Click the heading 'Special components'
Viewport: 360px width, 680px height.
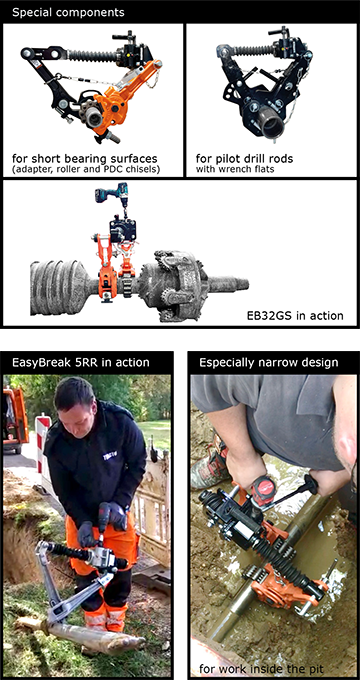tap(68, 12)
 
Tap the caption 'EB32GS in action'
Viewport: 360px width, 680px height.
tap(295, 315)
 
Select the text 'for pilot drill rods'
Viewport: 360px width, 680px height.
tap(244, 158)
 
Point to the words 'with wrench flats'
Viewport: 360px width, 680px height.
tap(235, 169)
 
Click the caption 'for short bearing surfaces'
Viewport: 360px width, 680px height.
tap(85, 158)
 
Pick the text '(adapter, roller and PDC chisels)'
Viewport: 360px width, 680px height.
tap(86, 169)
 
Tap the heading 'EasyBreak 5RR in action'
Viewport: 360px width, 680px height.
tap(81, 362)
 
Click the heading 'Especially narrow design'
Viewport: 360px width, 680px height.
tap(268, 362)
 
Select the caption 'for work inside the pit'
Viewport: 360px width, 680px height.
tap(251, 667)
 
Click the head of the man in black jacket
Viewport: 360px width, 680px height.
tap(76, 401)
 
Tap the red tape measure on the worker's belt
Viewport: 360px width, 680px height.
tap(263, 490)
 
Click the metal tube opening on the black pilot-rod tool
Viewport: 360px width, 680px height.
tap(274, 127)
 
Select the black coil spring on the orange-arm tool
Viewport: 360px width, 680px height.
tap(92, 56)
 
